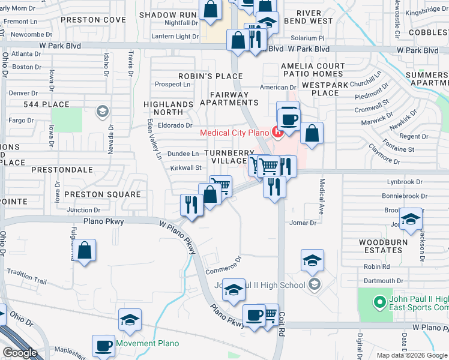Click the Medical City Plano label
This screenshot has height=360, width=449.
[x=235, y=133]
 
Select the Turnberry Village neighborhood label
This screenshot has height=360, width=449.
[x=226, y=157]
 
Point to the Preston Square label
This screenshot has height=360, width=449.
[x=102, y=194]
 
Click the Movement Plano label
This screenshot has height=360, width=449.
[x=148, y=344]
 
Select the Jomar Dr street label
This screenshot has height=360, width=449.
[x=303, y=223]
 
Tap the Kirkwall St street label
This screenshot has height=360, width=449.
[x=184, y=169]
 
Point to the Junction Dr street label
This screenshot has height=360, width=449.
[x=83, y=210]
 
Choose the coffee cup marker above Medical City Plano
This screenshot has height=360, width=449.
[x=288, y=118]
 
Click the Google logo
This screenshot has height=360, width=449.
[x=20, y=353]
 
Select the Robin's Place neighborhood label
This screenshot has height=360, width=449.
[x=210, y=76]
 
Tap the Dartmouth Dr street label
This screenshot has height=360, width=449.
[x=383, y=281]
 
